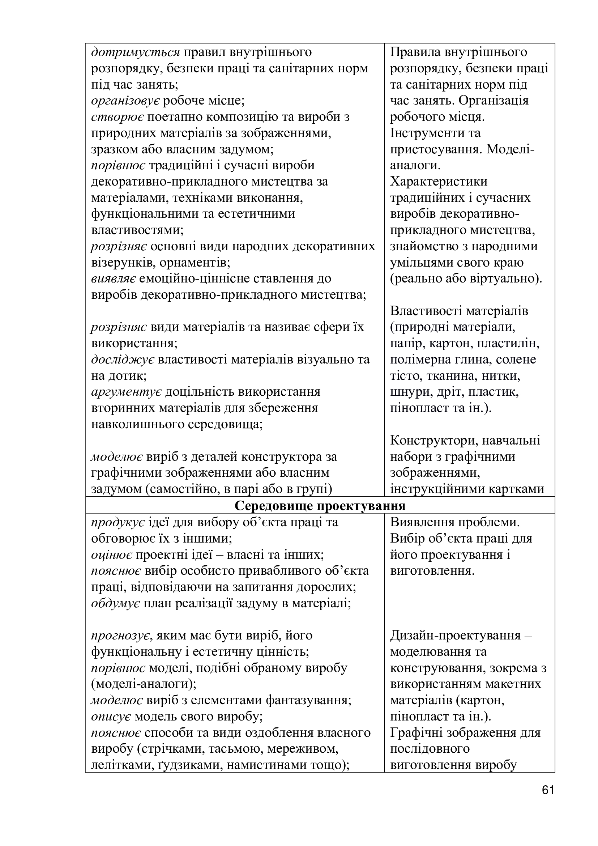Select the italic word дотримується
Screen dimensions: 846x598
coord(135,52)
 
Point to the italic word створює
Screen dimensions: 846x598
coord(117,117)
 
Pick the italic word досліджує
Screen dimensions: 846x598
coord(122,360)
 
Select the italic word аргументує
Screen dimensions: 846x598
coord(126,392)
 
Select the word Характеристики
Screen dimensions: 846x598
coord(439,182)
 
